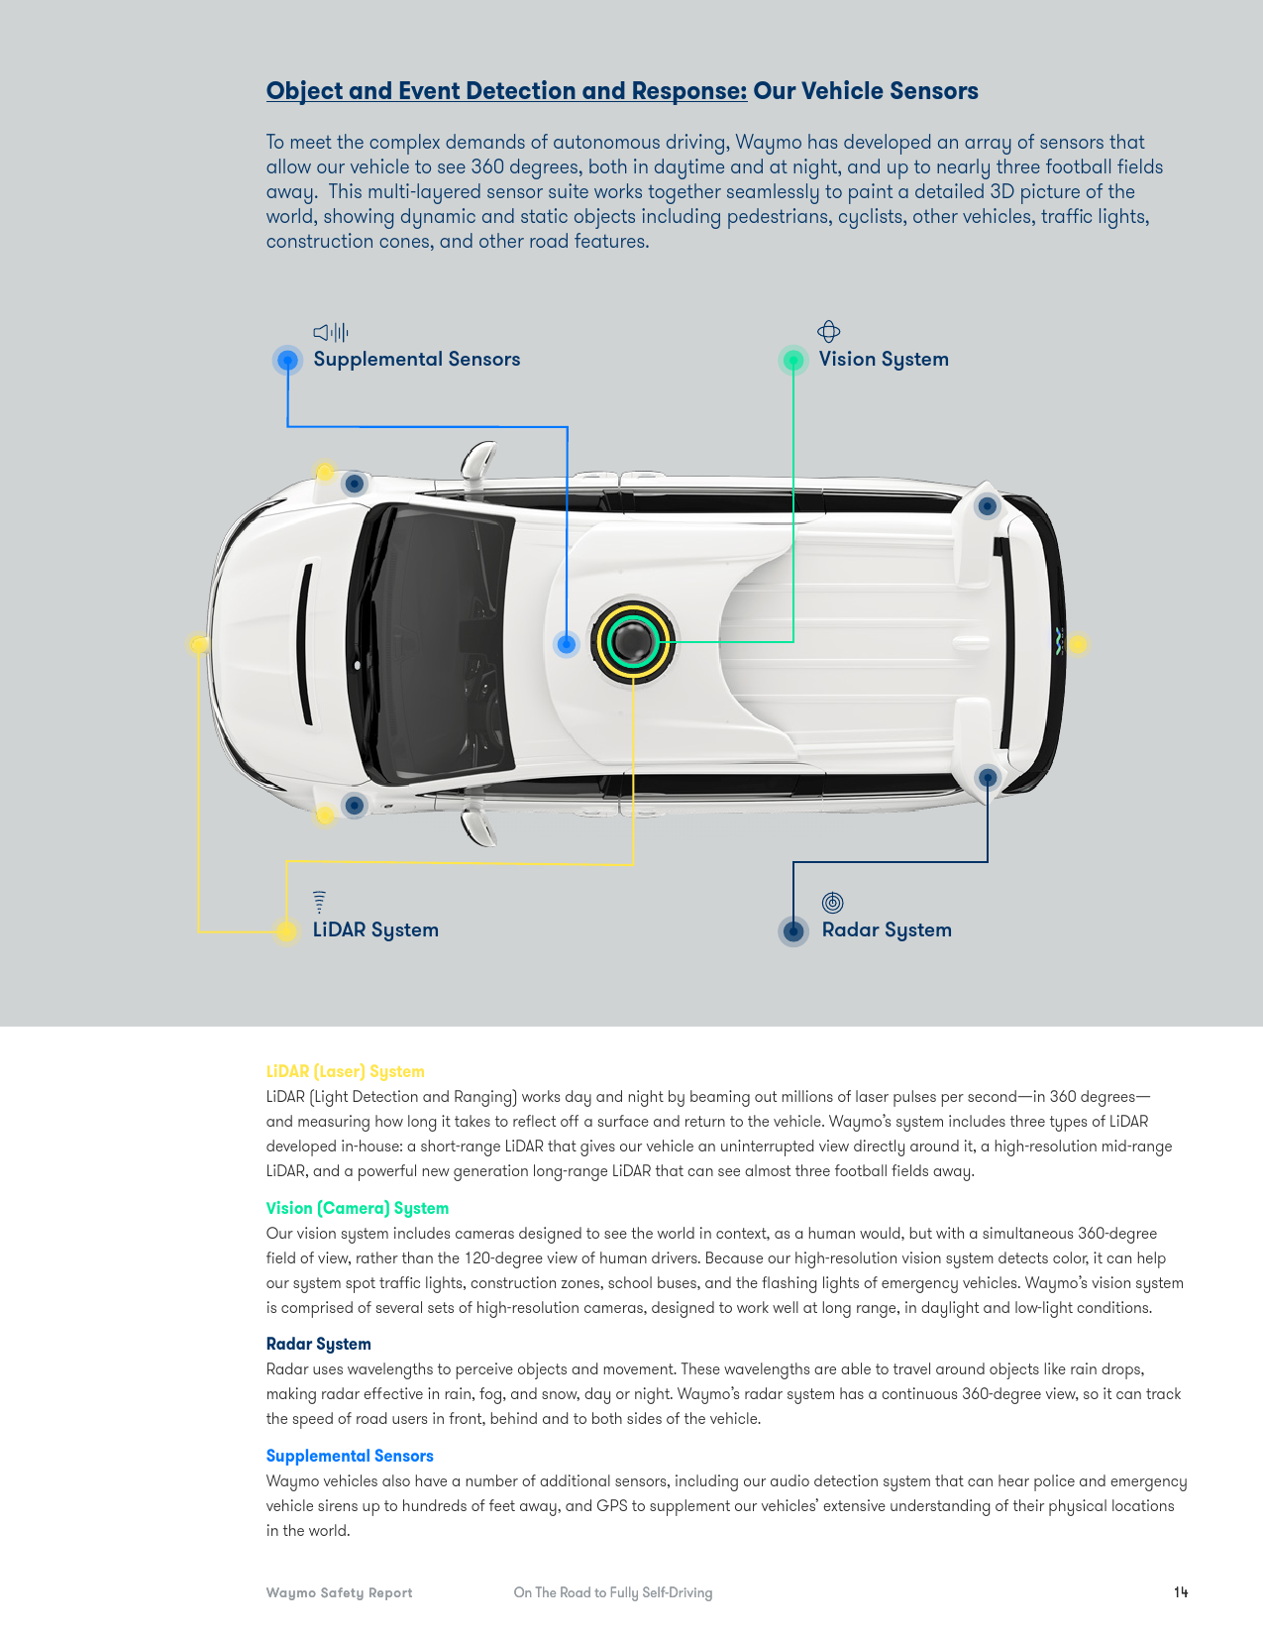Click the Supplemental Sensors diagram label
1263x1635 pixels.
click(417, 359)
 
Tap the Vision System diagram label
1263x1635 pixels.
click(884, 360)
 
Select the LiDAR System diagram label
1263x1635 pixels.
click(375, 930)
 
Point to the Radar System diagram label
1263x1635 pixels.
click(887, 930)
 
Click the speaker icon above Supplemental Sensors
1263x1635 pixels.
click(331, 332)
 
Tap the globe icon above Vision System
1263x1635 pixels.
click(828, 331)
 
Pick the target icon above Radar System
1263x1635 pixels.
click(832, 902)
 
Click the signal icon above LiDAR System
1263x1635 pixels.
click(319, 902)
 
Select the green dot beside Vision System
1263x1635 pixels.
click(792, 361)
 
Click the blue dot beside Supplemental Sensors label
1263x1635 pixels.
click(287, 361)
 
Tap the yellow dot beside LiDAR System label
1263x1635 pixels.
click(286, 931)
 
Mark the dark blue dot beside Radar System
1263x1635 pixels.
click(792, 931)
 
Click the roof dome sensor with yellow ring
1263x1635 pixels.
click(633, 641)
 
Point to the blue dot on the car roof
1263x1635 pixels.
click(567, 644)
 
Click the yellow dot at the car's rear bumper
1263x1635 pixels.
click(1077, 644)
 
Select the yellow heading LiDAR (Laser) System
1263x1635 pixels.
click(346, 1071)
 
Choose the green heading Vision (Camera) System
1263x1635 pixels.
click(358, 1208)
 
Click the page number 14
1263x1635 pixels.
click(1180, 1591)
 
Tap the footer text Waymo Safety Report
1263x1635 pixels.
click(339, 1592)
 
